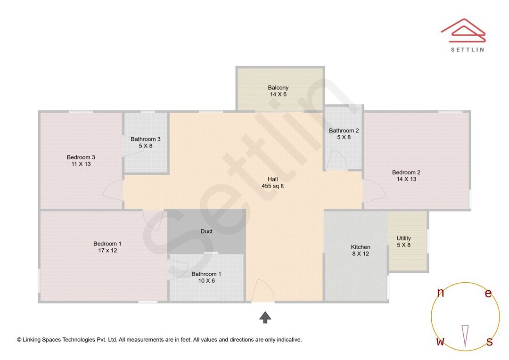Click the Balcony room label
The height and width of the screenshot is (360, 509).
pos(278,88)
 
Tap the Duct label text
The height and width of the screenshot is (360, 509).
pos(206,231)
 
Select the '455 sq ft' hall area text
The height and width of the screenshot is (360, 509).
pos(272,186)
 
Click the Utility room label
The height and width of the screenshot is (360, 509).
pos(403,238)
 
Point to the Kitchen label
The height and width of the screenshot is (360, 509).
pos(361,247)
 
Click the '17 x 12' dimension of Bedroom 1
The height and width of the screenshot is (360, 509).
pos(107,251)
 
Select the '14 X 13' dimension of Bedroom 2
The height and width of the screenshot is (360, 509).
pos(406,179)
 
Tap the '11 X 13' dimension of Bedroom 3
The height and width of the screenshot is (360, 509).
pos(81,164)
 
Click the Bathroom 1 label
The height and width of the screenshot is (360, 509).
pos(206,274)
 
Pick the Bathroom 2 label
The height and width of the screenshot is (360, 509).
pos(344,131)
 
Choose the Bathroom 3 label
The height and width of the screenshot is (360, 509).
pos(146,139)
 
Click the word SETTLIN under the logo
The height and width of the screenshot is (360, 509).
pos(467,49)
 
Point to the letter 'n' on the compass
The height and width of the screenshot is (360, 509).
pos(440,293)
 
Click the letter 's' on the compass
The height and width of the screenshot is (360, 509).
pos(489,342)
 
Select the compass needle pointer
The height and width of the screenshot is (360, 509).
pos(465,336)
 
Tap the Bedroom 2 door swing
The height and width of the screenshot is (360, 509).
pos(375,191)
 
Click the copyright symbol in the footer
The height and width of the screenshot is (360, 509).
pos(19,340)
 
